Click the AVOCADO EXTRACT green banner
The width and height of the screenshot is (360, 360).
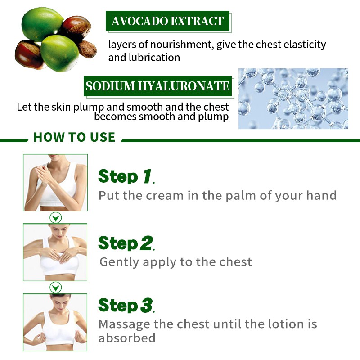tap(168, 21)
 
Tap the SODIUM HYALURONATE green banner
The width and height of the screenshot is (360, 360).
tap(157, 86)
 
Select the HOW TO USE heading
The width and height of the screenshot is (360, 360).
tap(74, 137)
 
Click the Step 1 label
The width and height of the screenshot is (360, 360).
tap(126, 176)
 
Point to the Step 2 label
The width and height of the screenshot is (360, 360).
tap(126, 243)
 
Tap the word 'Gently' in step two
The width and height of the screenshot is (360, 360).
tap(118, 261)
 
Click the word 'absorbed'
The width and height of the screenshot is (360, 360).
tap(127, 338)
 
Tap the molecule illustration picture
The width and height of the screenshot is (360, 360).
tap(293, 99)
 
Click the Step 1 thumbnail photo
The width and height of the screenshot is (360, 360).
tap(55, 183)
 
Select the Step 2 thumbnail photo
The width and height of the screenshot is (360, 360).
tap(55, 252)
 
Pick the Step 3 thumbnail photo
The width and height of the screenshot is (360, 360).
tap(55, 322)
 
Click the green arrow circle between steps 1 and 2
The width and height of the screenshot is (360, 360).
tap(55, 218)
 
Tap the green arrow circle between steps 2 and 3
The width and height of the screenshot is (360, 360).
tap(55, 288)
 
